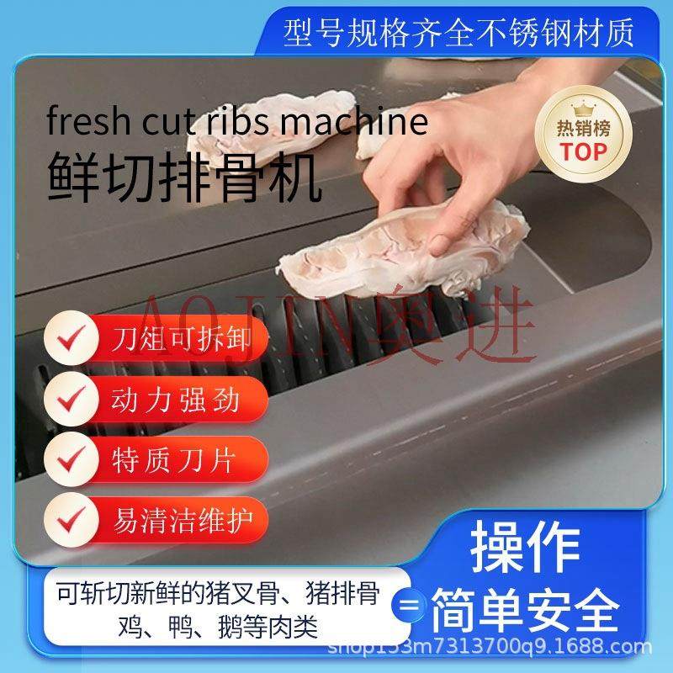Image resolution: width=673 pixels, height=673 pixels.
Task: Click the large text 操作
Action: click(526, 547)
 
